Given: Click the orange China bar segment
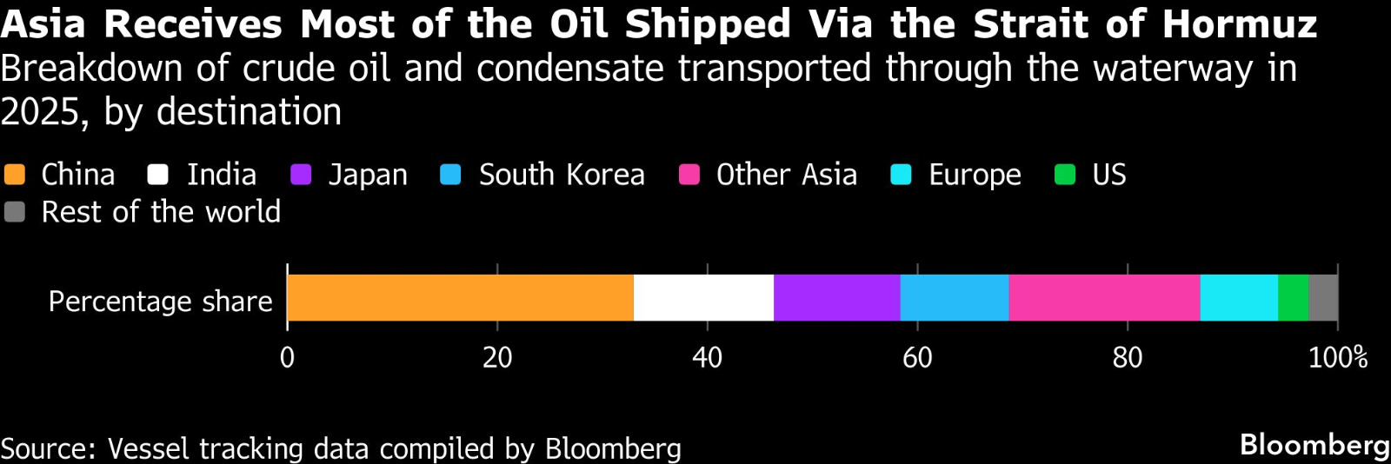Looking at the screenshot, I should tap(460, 298).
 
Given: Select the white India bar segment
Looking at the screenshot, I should tap(703, 298).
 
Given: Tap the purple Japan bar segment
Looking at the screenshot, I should tap(836, 298).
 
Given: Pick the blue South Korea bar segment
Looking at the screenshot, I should tap(954, 298).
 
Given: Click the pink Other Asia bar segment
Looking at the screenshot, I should tap(1104, 298).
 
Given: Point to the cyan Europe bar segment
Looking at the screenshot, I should tap(1239, 298).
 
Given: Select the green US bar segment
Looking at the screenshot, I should tap(1293, 298).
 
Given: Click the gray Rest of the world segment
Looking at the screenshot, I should tap(1322, 298).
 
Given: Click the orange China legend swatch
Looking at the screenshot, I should tap(15, 175).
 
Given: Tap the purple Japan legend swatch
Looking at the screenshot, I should tap(301, 175).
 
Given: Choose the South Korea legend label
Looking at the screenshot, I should tap(562, 175).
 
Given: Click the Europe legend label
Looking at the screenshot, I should tap(975, 175).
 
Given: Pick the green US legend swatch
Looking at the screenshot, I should tap(1065, 175).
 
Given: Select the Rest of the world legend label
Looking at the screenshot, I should tap(161, 212).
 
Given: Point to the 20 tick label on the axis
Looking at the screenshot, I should tap(497, 357).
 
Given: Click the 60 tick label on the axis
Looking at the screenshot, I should tap(917, 357).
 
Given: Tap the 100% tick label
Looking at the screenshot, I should tap(1337, 357).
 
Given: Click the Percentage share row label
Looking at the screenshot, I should tap(160, 302).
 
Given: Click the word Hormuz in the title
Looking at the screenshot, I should tap(1240, 24).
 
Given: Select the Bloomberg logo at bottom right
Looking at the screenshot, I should tap(1314, 445).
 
